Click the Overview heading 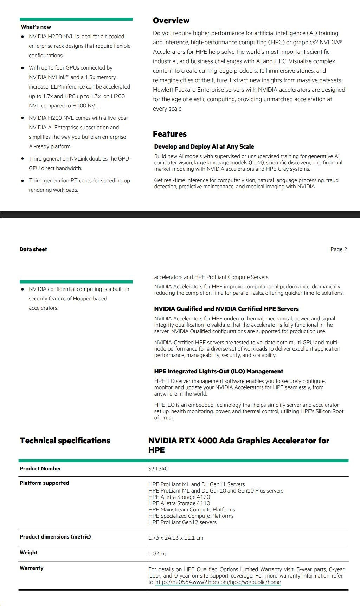tap(171, 21)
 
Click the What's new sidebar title tap(36, 27)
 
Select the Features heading tap(170, 134)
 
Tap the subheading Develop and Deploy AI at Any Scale tap(204, 147)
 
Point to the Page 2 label tap(339, 249)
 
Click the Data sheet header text tap(33, 249)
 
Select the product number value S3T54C tap(158, 469)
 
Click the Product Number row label tap(40, 469)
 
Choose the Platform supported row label tap(44, 483)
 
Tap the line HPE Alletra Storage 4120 tap(179, 497)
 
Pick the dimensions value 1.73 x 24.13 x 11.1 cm tap(176, 538)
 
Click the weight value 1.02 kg tap(157, 554)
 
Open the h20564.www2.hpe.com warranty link tap(218, 582)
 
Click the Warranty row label tap(32, 568)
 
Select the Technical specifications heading tap(65, 441)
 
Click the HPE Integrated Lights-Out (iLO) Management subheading tap(218, 372)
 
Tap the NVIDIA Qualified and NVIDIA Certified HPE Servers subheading tap(226, 309)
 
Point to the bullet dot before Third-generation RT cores tap(23, 181)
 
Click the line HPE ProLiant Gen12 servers tap(182, 522)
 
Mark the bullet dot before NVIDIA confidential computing tap(23, 289)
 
